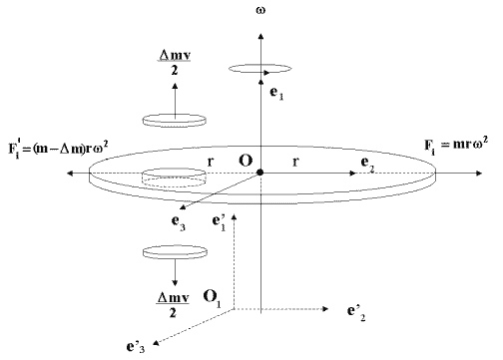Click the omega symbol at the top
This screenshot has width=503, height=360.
(x=260, y=10)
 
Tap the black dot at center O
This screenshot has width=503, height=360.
(x=260, y=173)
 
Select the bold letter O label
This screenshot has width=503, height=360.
(x=246, y=161)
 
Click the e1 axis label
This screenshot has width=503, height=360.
(x=276, y=94)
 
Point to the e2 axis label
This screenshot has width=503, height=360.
(x=367, y=165)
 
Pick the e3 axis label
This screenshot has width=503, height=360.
(x=179, y=222)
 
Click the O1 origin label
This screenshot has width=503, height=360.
(x=212, y=298)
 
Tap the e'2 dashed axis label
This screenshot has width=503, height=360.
(x=356, y=313)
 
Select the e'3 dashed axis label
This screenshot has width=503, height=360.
(x=136, y=347)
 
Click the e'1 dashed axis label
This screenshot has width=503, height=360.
(x=219, y=222)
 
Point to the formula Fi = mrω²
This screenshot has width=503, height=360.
(x=456, y=147)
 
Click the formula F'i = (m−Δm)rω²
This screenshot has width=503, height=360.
(x=58, y=150)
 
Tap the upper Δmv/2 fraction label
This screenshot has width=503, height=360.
(x=175, y=63)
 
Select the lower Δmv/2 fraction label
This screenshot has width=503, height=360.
(x=173, y=305)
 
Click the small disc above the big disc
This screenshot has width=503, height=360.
(x=175, y=121)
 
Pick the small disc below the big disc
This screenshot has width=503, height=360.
(x=175, y=252)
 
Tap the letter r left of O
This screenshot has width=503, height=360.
(x=211, y=162)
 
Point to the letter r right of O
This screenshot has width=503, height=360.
(x=295, y=162)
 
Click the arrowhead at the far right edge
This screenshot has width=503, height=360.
(x=479, y=173)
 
